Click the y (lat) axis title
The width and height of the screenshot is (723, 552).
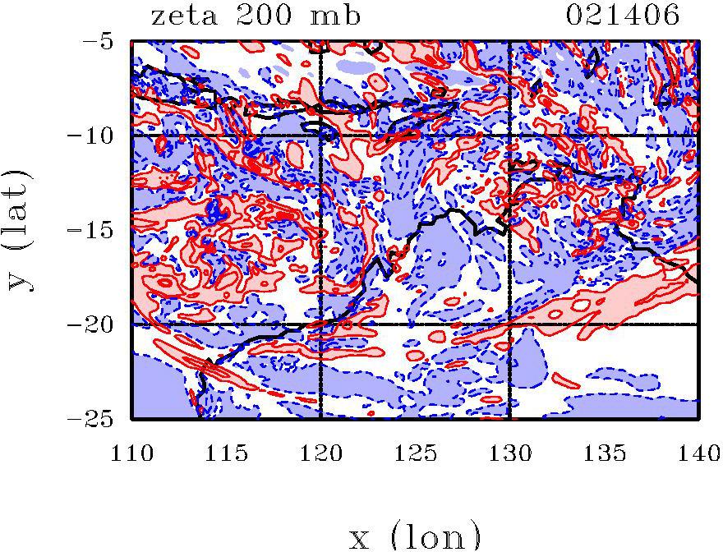(22, 229)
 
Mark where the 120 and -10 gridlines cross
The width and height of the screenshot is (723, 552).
(320, 135)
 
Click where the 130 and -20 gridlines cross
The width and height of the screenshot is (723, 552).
(509, 324)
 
